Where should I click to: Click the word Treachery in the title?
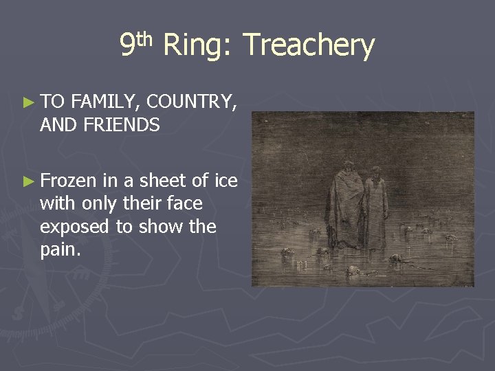[309, 45]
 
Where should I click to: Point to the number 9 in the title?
[126, 45]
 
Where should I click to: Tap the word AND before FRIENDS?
[59, 125]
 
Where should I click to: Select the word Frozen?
[69, 181]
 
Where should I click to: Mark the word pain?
[60, 250]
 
